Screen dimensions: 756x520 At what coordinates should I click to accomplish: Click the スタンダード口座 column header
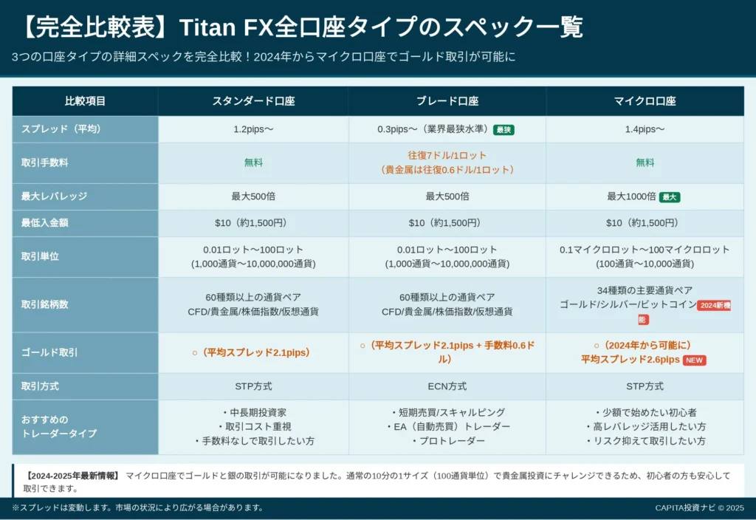[x=253, y=101]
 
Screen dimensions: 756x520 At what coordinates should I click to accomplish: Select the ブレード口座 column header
[x=447, y=101]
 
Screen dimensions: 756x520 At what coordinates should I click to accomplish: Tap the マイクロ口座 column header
[x=645, y=101]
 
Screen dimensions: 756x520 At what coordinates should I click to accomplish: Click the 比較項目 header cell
[x=85, y=101]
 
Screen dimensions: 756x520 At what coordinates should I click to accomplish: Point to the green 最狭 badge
[x=504, y=130]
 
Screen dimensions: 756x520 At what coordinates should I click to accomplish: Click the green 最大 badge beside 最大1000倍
[x=669, y=196]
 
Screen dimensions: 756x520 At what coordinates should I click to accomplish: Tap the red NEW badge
[x=694, y=360]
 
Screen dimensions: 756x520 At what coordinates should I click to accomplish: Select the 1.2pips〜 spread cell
[x=253, y=129]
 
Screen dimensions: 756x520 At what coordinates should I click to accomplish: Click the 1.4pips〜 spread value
[x=645, y=129]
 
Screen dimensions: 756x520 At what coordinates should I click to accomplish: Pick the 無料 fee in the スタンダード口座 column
[x=253, y=162]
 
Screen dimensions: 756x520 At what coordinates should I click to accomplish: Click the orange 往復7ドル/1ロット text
[x=447, y=155]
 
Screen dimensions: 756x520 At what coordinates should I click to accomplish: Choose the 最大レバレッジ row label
[x=54, y=196]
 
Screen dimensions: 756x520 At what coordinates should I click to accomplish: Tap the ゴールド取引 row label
[x=49, y=352]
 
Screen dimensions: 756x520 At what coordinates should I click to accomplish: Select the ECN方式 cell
[x=447, y=386]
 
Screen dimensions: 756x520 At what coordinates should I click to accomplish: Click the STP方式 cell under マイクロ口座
[x=645, y=386]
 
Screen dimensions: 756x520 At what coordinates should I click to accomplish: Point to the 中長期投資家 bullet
[x=254, y=412]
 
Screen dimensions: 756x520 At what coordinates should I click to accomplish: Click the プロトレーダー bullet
[x=448, y=441]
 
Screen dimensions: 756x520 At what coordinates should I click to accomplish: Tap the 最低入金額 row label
[x=44, y=223]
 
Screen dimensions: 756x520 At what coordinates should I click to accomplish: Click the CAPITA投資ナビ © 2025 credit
[x=699, y=507]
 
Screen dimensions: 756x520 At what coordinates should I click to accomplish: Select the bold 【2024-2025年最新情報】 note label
[x=72, y=476]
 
